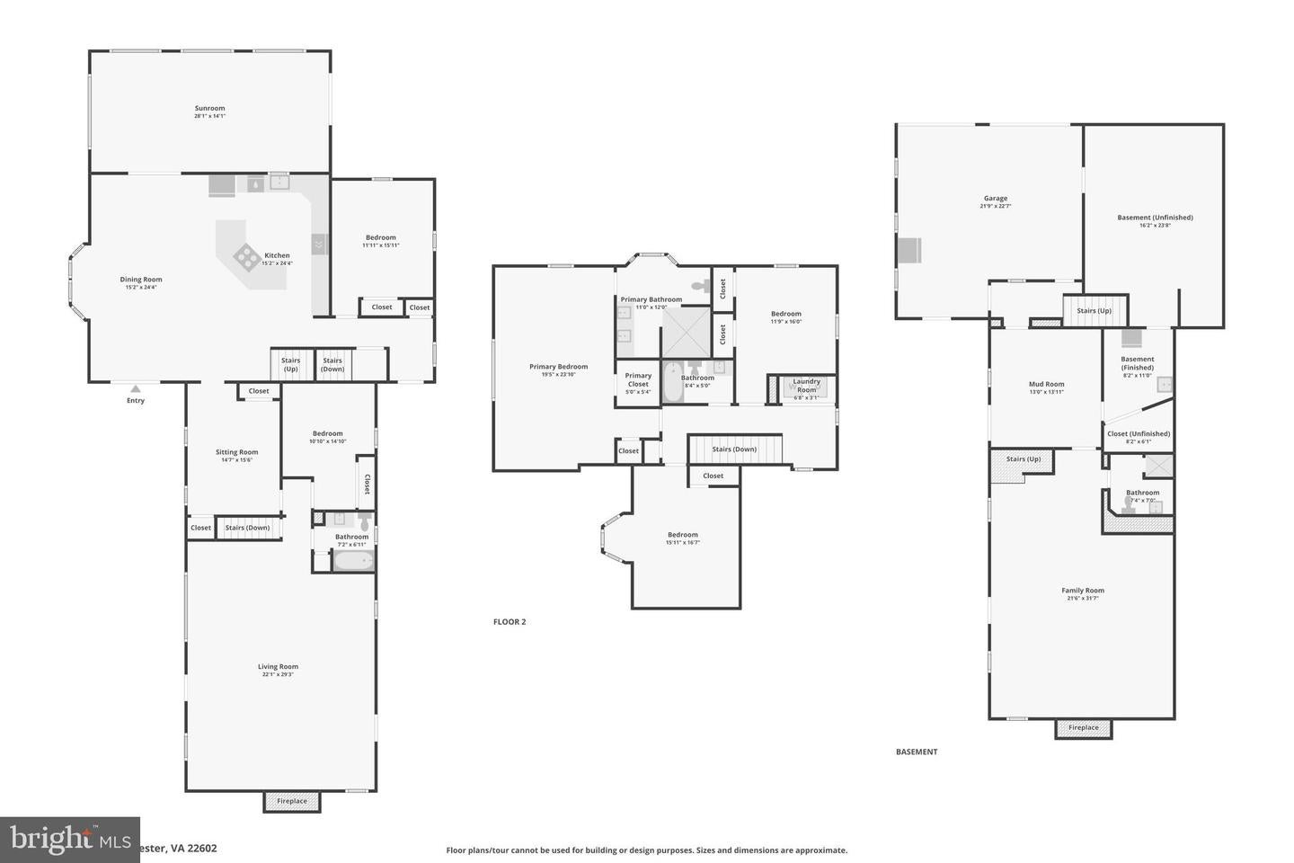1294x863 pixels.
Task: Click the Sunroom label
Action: point(209,109)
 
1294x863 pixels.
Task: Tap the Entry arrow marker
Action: point(135,389)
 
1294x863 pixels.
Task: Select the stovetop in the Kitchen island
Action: point(247,257)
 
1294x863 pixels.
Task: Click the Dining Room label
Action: point(141,280)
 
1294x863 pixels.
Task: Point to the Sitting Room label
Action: point(236,453)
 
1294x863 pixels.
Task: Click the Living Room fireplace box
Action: point(291,801)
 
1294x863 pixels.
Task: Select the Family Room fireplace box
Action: point(1083,728)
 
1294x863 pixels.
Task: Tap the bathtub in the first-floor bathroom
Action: point(353,562)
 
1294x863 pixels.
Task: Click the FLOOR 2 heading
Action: point(510,622)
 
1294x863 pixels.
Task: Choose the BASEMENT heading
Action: point(917,752)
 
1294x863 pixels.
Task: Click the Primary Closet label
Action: point(638,380)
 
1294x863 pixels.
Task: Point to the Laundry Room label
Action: point(806,386)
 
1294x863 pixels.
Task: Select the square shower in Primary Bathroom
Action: point(686,332)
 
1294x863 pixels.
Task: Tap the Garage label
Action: point(995,199)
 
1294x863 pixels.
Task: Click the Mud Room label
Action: point(1046,385)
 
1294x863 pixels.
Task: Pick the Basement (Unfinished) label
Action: point(1155,218)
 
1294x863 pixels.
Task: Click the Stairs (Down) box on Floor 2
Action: point(734,449)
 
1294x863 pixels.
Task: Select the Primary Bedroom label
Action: point(558,367)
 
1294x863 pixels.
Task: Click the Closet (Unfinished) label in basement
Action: point(1138,434)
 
